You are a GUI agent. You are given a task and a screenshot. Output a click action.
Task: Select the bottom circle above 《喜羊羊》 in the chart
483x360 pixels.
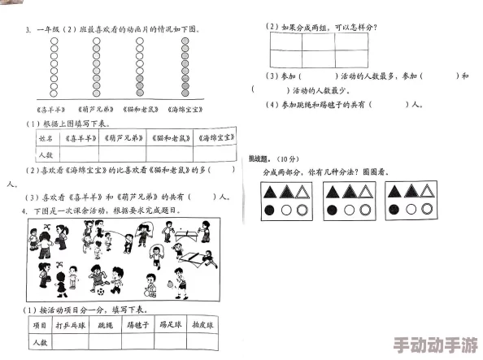[55, 96]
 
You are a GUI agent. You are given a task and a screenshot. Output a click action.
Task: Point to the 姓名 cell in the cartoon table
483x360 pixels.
[46, 139]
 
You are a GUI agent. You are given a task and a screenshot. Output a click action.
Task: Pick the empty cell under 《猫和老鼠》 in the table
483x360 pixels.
[169, 153]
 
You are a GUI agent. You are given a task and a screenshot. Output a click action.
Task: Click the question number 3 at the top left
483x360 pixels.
[28, 30]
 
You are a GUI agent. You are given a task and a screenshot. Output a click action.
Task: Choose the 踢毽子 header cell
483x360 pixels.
[139, 323]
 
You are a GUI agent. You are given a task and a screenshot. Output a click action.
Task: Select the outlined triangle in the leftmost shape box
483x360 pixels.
[302, 192]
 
